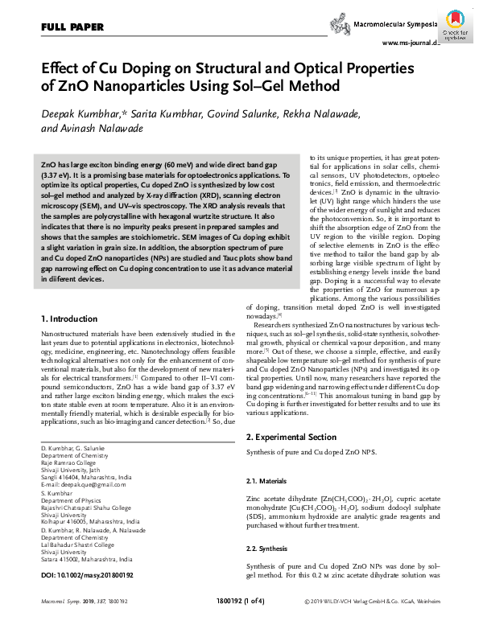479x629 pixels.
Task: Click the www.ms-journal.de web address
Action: [411, 43]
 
